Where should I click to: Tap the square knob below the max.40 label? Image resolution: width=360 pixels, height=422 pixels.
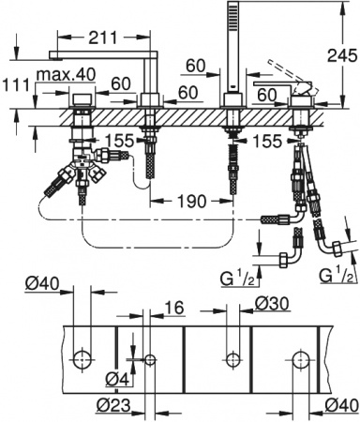pyautogui.click(x=82, y=100)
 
